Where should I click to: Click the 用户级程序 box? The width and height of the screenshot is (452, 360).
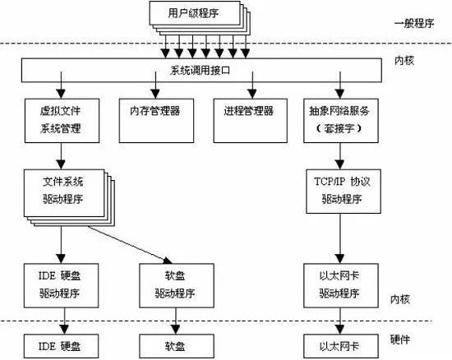pyautogui.click(x=195, y=13)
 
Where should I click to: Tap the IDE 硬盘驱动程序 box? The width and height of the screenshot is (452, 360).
pyautogui.click(x=60, y=284)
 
